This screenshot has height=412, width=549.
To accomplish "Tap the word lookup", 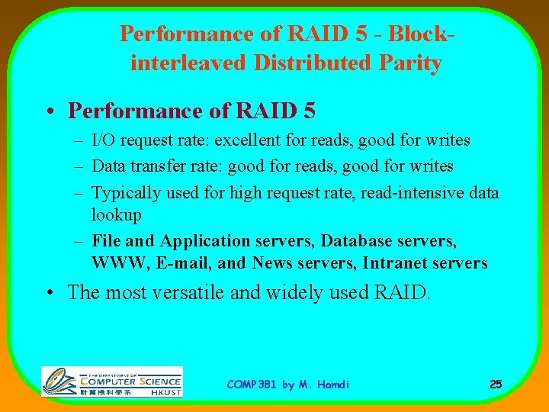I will coord(117,214).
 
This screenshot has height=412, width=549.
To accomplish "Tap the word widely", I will coord(294,292).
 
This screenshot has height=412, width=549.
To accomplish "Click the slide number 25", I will coord(496,385).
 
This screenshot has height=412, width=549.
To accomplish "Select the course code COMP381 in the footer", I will coord(252,385).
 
